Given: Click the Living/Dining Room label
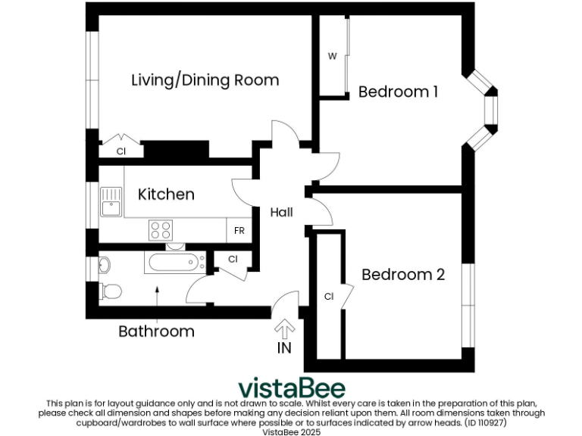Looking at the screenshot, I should (x=205, y=80).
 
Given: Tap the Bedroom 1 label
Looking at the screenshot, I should (x=398, y=92).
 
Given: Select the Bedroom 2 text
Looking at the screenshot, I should (x=402, y=275).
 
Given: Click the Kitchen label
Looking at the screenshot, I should (x=166, y=195).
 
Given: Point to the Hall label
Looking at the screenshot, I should (x=281, y=213).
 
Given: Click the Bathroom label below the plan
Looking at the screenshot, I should (x=156, y=332).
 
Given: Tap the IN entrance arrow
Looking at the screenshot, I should (x=285, y=329).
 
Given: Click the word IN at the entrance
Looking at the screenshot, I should (x=285, y=348).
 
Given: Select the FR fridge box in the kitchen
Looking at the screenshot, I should (x=239, y=230).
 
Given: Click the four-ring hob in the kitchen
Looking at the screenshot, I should (x=161, y=229).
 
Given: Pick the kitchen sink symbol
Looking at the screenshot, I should (x=111, y=201).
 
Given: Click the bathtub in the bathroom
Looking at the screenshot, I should (x=175, y=263).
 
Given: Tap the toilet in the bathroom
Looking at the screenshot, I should (x=110, y=290).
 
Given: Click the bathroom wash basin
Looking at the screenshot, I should (x=104, y=265).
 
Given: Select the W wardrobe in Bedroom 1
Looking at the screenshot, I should (x=332, y=57).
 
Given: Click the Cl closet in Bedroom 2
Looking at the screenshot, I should (x=329, y=296).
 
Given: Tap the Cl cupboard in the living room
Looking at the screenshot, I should (x=120, y=151).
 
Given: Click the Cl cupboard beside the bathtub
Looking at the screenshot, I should (x=233, y=259).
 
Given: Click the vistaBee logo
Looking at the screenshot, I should (x=292, y=388).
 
